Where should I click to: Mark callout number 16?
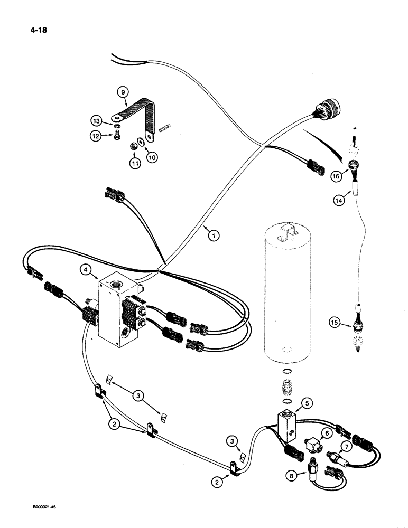click(336, 177)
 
